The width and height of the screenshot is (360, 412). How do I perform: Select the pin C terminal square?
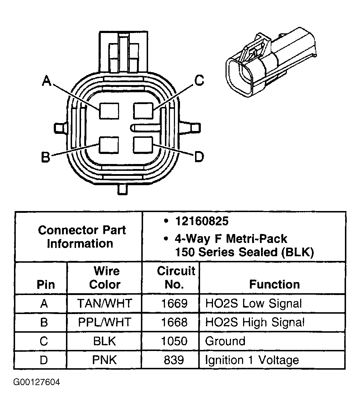(143, 110)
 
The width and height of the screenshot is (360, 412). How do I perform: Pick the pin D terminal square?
(143, 145)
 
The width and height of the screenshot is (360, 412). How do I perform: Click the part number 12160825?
(202, 221)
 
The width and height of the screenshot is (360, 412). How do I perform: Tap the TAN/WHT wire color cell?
(105, 304)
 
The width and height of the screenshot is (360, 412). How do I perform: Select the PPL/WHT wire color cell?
(105, 322)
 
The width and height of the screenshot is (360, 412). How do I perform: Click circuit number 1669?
(174, 304)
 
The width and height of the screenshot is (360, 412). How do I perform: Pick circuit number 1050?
(174, 341)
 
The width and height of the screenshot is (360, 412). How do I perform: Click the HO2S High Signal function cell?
(255, 322)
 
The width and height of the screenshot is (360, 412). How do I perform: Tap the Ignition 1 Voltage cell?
(252, 360)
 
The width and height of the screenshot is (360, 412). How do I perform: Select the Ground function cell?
(225, 341)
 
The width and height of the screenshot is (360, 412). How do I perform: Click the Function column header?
(274, 285)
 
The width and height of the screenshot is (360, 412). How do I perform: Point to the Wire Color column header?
(105, 277)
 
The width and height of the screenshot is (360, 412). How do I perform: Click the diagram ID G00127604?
(37, 382)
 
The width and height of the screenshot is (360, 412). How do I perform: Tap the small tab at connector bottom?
(123, 189)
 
